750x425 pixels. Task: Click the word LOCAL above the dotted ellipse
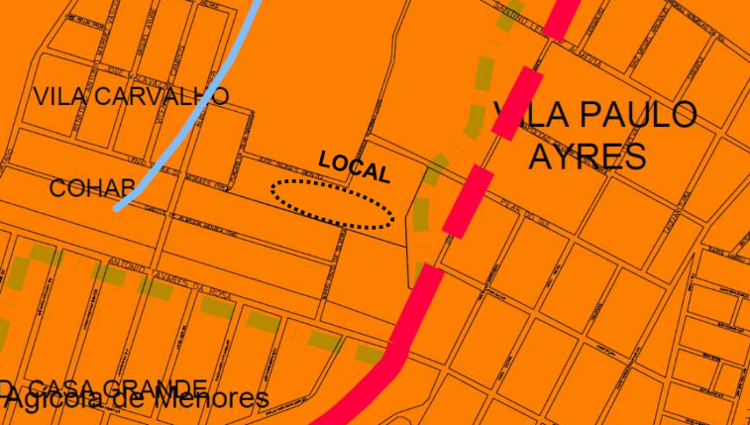click(354, 167)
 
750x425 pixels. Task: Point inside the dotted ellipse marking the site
click(333, 205)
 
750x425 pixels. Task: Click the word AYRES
click(587, 157)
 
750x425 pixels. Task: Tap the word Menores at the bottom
click(212, 399)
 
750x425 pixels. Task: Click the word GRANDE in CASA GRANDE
click(155, 386)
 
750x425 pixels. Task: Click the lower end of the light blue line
click(118, 208)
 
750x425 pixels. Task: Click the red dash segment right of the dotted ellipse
click(465, 201)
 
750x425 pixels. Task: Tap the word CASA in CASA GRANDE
click(61, 386)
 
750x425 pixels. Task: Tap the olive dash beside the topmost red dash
click(506, 17)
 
